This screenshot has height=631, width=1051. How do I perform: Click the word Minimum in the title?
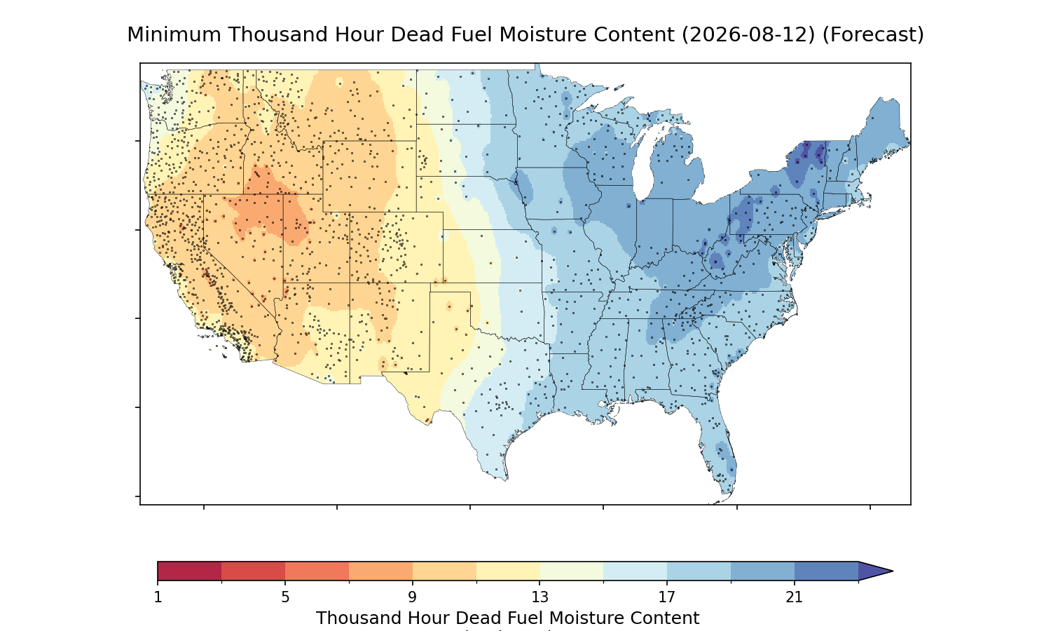(x=174, y=35)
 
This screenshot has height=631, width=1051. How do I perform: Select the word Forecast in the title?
(x=873, y=35)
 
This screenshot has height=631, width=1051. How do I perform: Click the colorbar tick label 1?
(x=158, y=597)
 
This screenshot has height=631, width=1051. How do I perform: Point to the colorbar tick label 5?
(x=285, y=597)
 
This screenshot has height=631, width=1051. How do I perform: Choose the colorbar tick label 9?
(x=412, y=597)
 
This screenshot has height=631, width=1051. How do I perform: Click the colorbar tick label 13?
(x=540, y=597)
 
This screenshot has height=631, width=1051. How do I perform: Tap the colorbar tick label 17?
(x=667, y=597)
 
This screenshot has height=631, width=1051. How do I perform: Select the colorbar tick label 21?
(x=794, y=597)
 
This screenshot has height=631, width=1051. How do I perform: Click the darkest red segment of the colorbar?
(x=190, y=571)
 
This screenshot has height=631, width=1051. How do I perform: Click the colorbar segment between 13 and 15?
(x=572, y=571)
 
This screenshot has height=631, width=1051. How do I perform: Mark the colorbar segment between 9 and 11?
(x=444, y=571)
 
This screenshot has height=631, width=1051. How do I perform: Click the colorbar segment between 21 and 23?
(x=826, y=571)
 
